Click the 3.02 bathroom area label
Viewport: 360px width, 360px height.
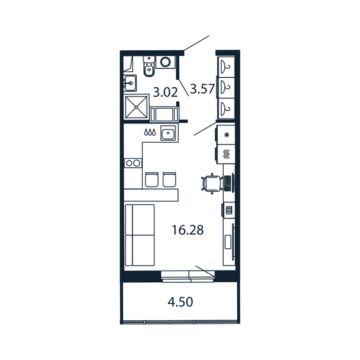click(165, 93)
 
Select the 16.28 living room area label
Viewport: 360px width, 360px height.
click(188, 230)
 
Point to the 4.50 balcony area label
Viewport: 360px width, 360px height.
click(179, 301)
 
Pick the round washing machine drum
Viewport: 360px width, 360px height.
click(166, 62)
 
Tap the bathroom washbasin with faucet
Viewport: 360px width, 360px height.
click(130, 82)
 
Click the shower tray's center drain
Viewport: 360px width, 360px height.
click(136, 107)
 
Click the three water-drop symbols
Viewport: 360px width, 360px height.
click(150, 133)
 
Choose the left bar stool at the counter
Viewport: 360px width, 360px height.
click(152, 179)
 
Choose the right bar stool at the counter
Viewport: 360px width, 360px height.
click(170, 179)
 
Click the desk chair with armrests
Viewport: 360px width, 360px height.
click(210, 183)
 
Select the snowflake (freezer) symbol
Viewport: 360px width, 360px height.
click(226, 135)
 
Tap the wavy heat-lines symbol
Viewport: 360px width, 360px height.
click(226, 154)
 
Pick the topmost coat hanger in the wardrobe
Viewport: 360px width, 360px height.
click(226, 66)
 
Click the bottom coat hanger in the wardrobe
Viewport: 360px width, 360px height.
click(226, 107)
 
